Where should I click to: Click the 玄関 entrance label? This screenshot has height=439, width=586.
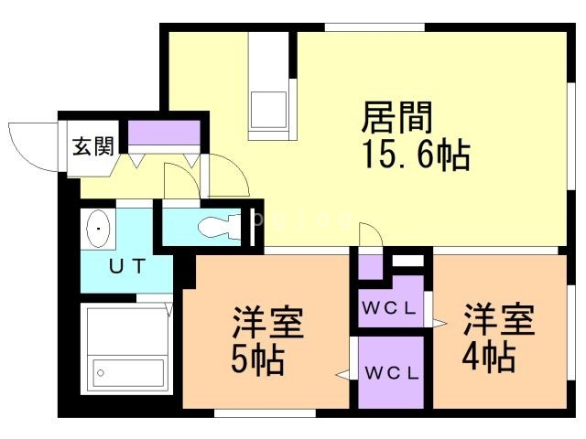(93, 146)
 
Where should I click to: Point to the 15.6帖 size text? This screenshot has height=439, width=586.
(416, 157)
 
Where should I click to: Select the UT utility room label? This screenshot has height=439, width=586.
(126, 268)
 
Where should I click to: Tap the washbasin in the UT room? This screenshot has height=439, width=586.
(97, 228)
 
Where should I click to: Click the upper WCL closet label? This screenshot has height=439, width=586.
(391, 307)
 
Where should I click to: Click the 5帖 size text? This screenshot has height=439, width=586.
(257, 359)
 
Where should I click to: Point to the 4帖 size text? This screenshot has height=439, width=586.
(488, 358)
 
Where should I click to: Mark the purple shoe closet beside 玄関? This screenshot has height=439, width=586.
(164, 132)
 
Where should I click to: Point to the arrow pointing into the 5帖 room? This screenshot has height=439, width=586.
(343, 373)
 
